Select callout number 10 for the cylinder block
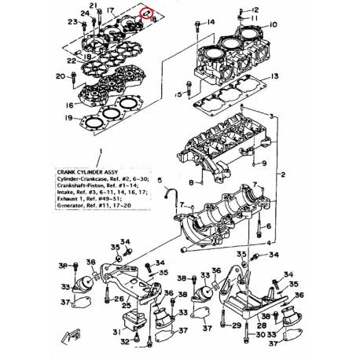(x=274, y=25)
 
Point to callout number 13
(x=274, y=76)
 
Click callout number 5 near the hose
(x=161, y=180)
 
